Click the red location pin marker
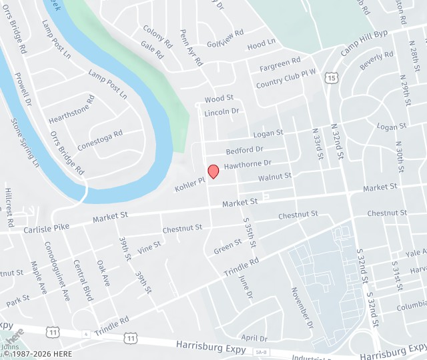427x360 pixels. tap(213, 171)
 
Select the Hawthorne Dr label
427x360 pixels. tap(248, 163)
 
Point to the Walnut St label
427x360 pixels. tap(275, 177)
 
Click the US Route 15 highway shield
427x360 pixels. tap(332, 78)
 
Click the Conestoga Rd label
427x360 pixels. tap(100, 142)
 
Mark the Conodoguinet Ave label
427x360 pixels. tap(57, 280)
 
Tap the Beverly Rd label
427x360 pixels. tap(376, 61)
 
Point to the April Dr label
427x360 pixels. tap(254, 338)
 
